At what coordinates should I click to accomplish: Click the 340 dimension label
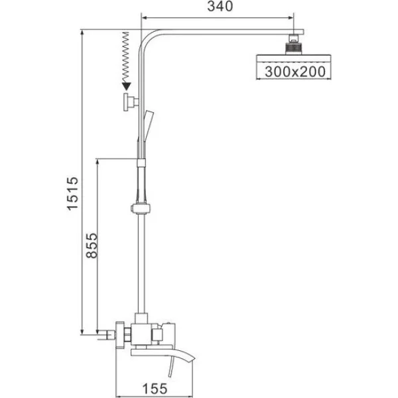click(x=220, y=7)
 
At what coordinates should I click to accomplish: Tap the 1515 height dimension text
click(x=72, y=194)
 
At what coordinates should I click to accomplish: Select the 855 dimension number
click(x=92, y=245)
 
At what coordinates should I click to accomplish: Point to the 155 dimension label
click(x=155, y=389)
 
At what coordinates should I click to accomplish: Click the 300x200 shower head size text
click(x=295, y=72)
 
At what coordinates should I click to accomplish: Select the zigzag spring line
click(x=126, y=57)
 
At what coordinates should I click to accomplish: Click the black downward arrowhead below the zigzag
click(x=126, y=86)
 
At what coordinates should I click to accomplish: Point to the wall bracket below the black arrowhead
click(x=131, y=101)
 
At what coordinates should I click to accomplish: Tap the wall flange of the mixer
click(x=120, y=334)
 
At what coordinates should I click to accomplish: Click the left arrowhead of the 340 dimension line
click(x=144, y=18)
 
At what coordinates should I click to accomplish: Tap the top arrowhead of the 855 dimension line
click(x=98, y=162)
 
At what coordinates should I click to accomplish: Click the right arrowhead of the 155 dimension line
click(x=190, y=396)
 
